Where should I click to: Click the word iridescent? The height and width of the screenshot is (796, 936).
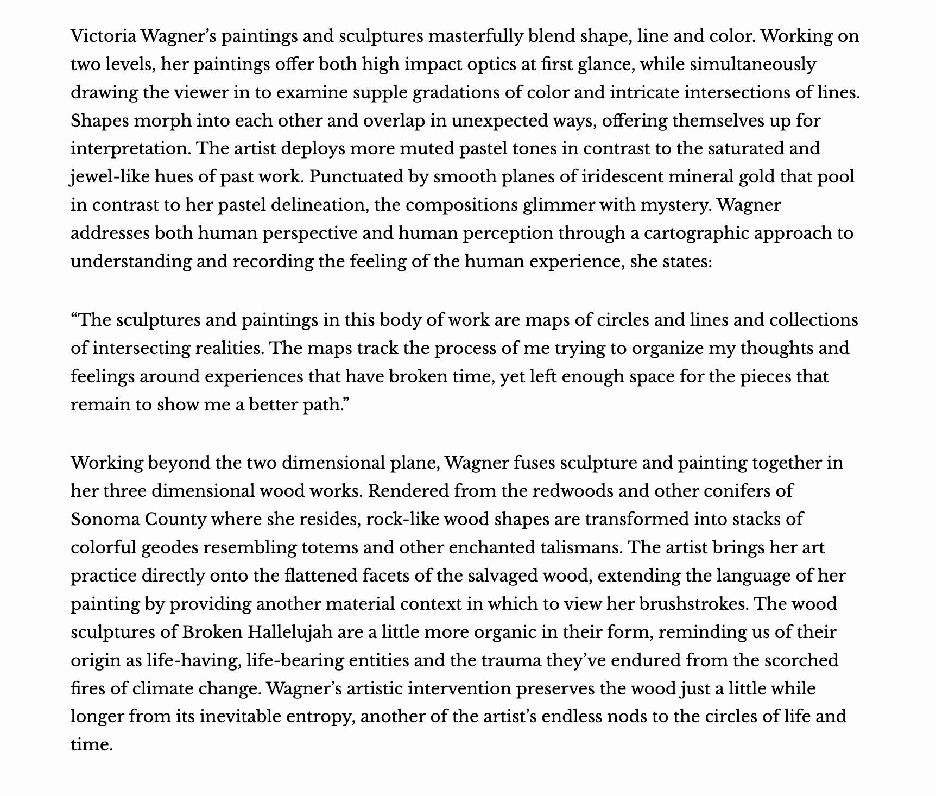pos(551,177)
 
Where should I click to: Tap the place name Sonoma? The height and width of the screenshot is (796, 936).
pos(105,520)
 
